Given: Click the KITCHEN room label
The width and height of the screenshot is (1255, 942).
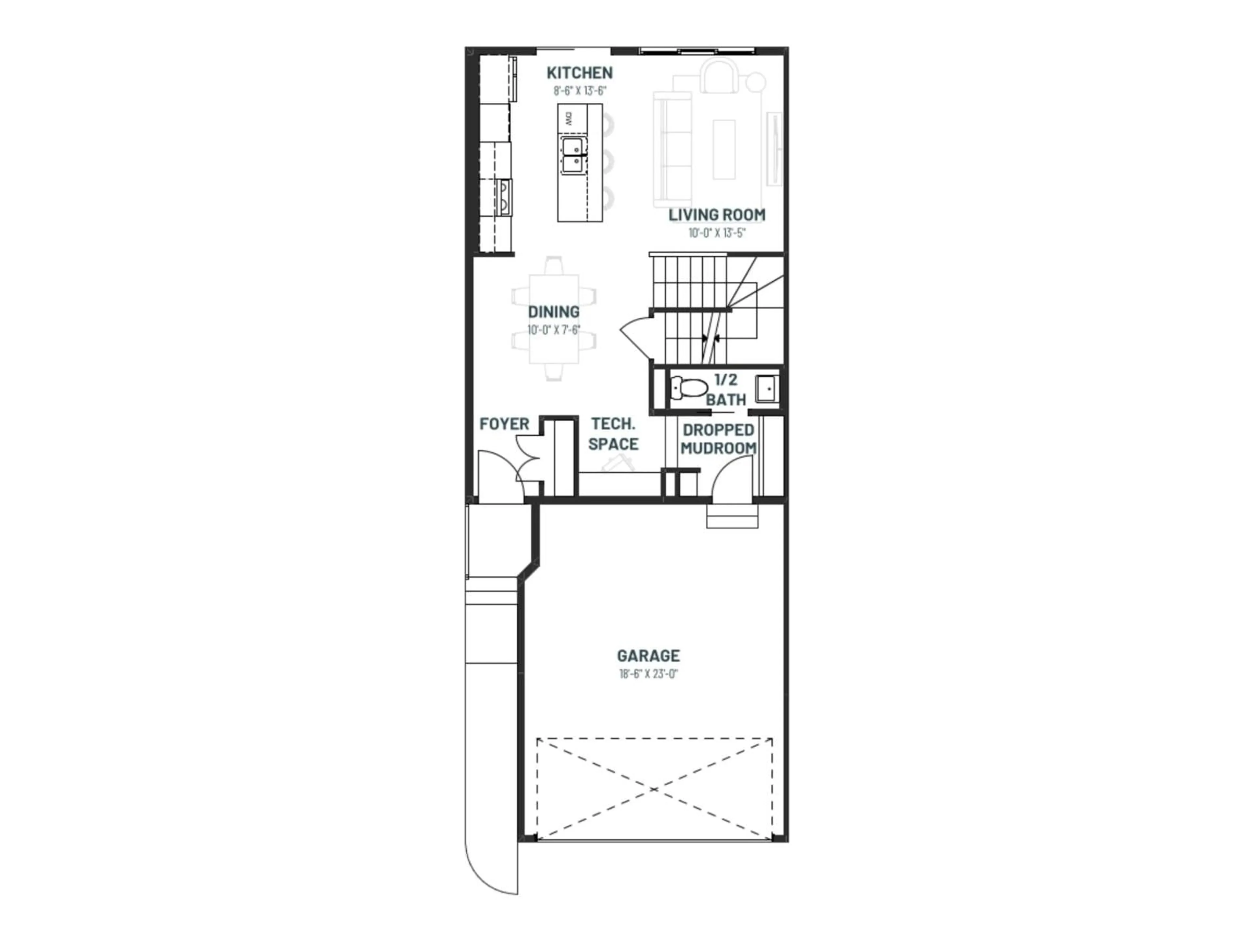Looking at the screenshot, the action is click(x=579, y=73).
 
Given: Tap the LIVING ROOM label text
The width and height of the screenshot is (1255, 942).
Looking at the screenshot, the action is click(x=717, y=215).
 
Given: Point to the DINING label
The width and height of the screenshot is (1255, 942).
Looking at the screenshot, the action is click(x=554, y=312).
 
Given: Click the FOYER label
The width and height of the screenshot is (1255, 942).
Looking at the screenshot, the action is click(x=504, y=424).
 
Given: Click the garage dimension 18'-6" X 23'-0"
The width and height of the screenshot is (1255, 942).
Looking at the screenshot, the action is click(x=648, y=674).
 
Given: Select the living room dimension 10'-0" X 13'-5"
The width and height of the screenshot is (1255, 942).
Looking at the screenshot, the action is click(x=717, y=233).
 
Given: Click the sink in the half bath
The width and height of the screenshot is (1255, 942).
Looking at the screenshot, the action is click(x=766, y=389).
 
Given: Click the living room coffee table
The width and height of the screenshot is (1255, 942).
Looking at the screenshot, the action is click(x=724, y=149).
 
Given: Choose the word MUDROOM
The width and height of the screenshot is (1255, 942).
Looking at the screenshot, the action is click(x=718, y=448).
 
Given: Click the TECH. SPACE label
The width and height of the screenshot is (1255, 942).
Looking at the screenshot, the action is click(x=613, y=434).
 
